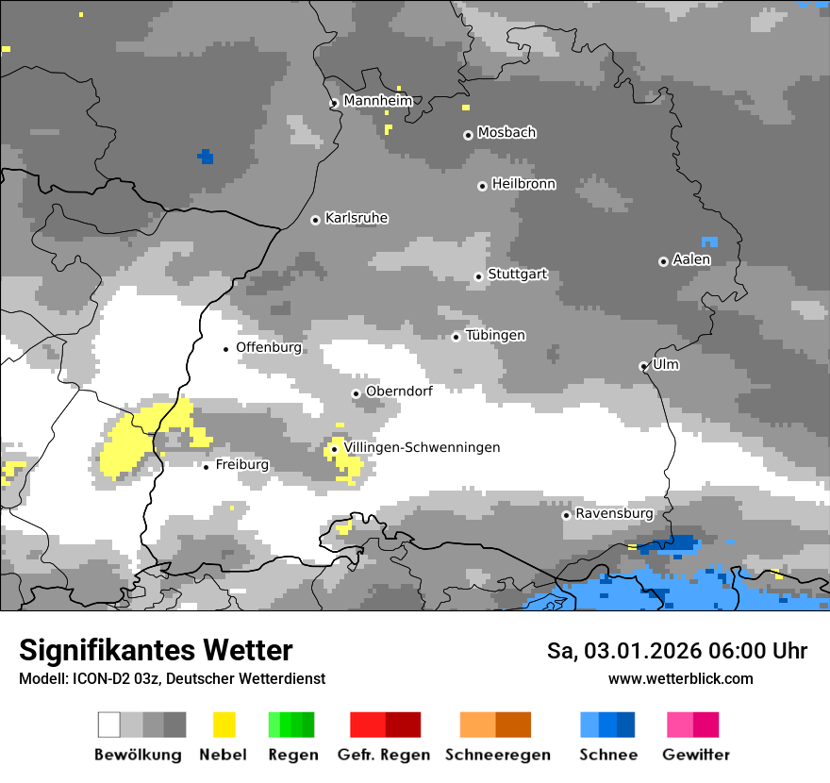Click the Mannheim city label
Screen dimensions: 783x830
pyautogui.click(x=377, y=101)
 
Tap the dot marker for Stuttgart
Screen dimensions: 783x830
pyautogui.click(x=478, y=276)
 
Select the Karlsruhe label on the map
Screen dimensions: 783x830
pyautogui.click(x=356, y=218)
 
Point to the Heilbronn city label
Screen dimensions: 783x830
pyautogui.click(x=523, y=184)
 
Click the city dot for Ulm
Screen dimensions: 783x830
pyautogui.click(x=643, y=366)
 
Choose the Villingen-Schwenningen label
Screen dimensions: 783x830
pyautogui.click(x=422, y=447)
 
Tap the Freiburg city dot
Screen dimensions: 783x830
pyautogui.click(x=206, y=466)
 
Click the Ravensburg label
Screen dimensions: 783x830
pyautogui.click(x=614, y=513)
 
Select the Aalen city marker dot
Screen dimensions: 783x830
pyautogui.click(x=663, y=261)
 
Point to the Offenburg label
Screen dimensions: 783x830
pyautogui.click(x=269, y=347)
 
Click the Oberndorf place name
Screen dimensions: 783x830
pyautogui.click(x=399, y=391)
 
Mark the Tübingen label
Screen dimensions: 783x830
pyautogui.click(x=495, y=336)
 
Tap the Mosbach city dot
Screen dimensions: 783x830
pyautogui.click(x=468, y=135)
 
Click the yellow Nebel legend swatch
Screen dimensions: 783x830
pyautogui.click(x=224, y=725)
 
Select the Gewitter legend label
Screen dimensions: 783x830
pyautogui.click(x=695, y=755)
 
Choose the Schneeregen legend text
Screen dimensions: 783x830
pyautogui.click(x=497, y=755)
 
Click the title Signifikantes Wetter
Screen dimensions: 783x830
pyautogui.click(x=156, y=650)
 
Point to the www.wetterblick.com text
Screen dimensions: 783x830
pyautogui.click(x=680, y=679)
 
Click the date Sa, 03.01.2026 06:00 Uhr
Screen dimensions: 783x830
pyautogui.click(x=676, y=651)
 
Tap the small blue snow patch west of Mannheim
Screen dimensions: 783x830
pyautogui.click(x=206, y=157)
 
